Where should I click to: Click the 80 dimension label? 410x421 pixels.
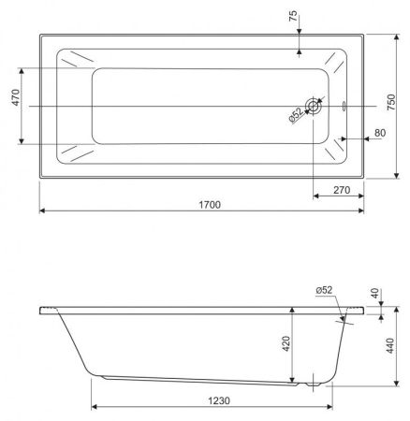pos(379,133)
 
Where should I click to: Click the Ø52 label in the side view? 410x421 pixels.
pos(325,290)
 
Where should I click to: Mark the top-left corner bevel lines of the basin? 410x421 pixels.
pos(76,63)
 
